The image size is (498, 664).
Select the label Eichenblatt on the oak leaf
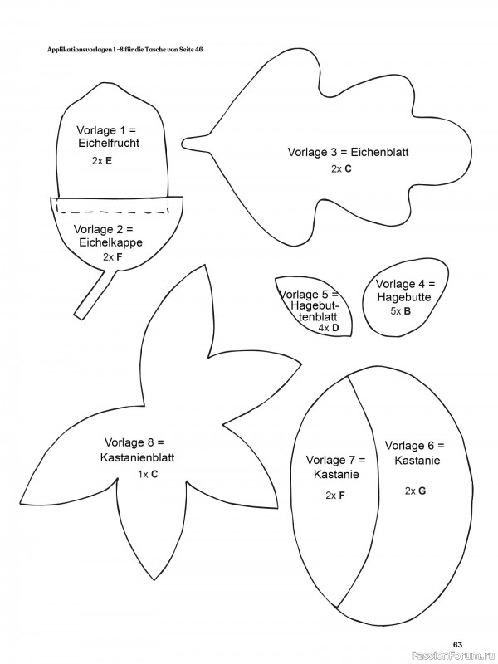click(x=380, y=153)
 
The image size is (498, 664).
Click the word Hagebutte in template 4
click(x=405, y=296)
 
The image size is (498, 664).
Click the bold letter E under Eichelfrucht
click(x=109, y=163)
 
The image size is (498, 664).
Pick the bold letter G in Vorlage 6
click(x=422, y=491)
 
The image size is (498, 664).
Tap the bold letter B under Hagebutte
click(x=408, y=312)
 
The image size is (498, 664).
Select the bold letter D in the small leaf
click(x=335, y=328)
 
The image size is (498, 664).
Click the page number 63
click(x=457, y=644)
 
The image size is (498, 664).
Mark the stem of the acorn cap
click(x=92, y=295)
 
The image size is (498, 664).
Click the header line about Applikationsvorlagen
click(x=125, y=51)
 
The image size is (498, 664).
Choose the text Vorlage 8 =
click(x=134, y=442)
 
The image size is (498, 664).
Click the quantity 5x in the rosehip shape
click(x=395, y=312)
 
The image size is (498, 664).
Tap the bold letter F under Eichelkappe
click(x=119, y=257)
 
